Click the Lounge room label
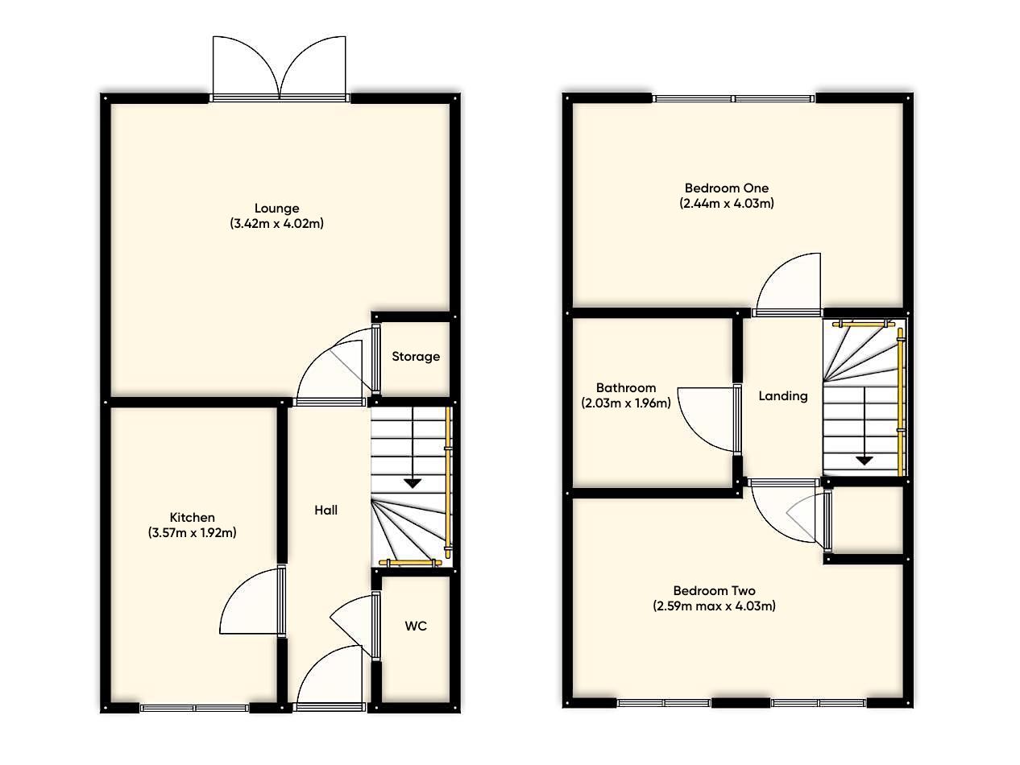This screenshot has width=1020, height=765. click(276, 209)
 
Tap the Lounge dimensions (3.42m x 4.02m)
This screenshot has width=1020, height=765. click(276, 224)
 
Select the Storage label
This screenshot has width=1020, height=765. click(416, 356)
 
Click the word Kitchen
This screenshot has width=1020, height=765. click(192, 517)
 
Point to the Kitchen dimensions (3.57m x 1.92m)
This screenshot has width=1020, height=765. click(192, 532)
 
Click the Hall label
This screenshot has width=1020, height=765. click(325, 510)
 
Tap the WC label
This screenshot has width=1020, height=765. click(416, 626)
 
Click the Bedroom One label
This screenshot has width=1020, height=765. click(726, 188)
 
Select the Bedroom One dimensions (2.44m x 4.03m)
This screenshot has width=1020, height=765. click(726, 204)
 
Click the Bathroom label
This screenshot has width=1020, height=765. click(626, 388)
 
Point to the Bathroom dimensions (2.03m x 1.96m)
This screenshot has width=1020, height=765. click(626, 403)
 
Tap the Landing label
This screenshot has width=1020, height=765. click(783, 396)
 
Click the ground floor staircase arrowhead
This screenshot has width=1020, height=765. click(413, 483)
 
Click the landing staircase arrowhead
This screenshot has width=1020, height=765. click(864, 461)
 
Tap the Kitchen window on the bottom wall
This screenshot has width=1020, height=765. click(194, 708)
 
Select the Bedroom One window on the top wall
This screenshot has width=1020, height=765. click(733, 98)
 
